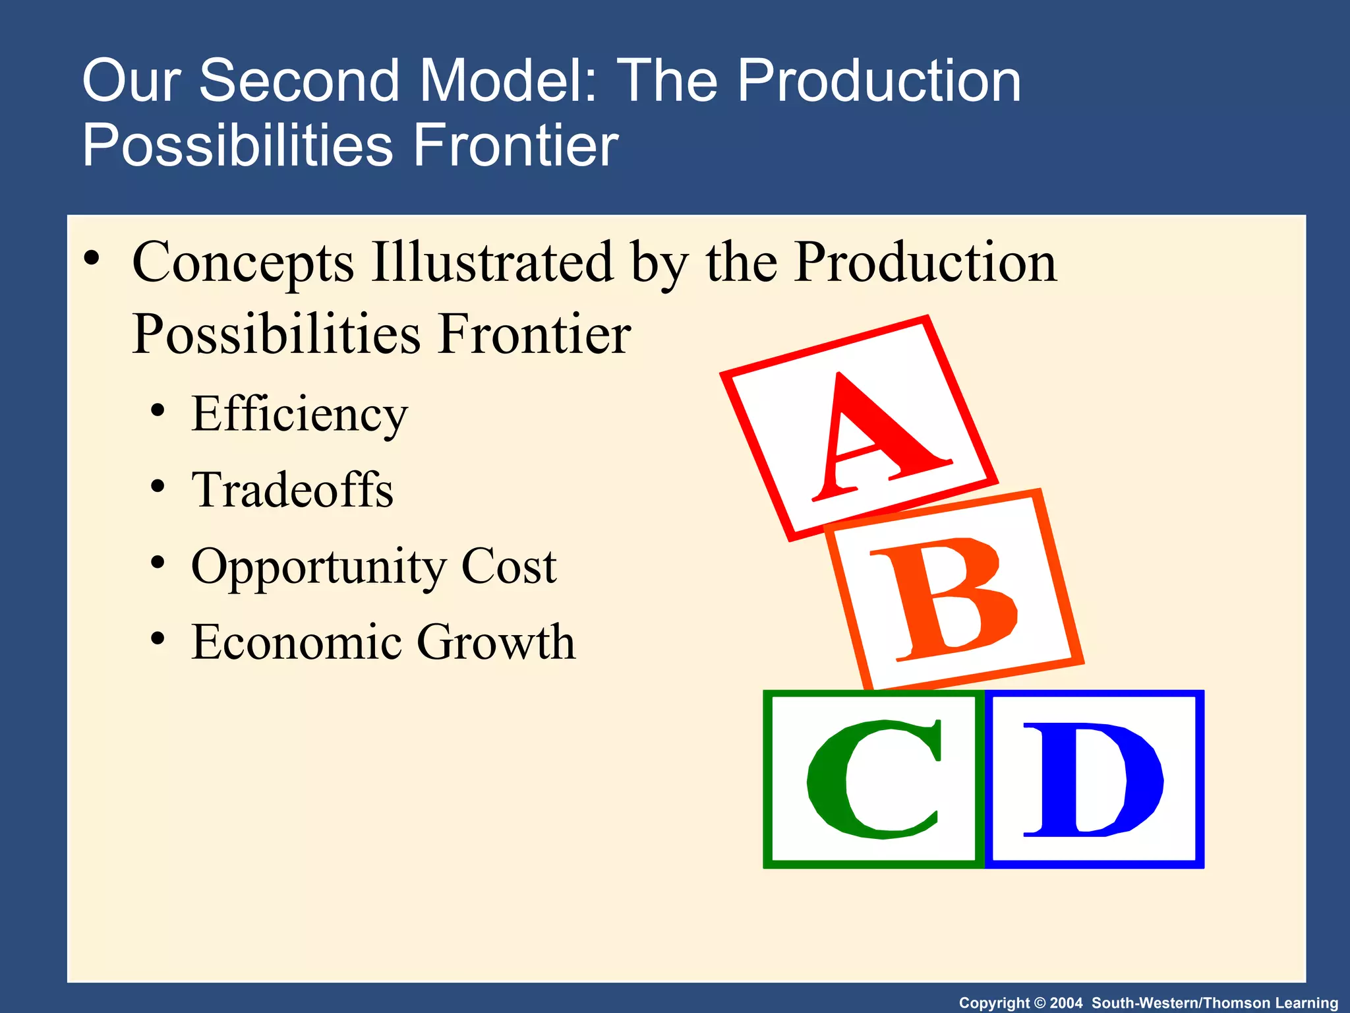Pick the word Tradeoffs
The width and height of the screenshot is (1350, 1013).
click(x=292, y=491)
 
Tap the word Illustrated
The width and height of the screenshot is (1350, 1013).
click(x=492, y=262)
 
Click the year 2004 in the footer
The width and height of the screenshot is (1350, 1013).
click(x=1066, y=1003)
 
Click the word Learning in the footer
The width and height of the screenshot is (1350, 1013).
click(x=1306, y=1003)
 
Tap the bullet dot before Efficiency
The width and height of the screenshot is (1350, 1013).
click(x=157, y=412)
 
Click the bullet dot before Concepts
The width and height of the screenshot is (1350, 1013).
click(x=92, y=257)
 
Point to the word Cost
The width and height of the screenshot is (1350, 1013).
click(x=508, y=566)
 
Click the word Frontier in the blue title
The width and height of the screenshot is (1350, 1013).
click(x=515, y=145)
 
